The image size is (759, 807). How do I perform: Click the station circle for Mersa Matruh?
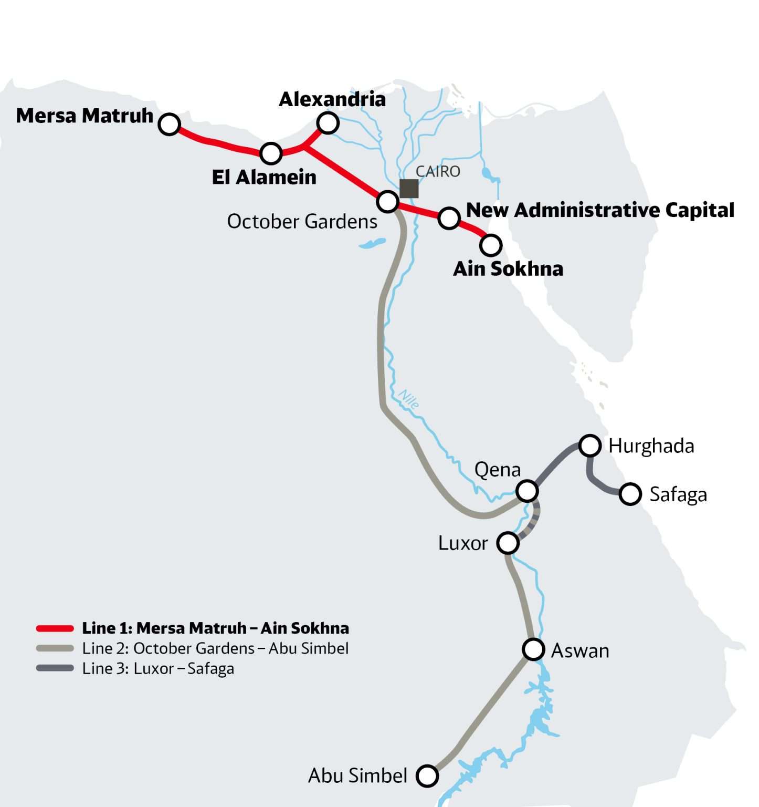[170, 125]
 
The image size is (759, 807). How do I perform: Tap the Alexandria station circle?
[328, 123]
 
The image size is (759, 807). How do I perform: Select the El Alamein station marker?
[271, 153]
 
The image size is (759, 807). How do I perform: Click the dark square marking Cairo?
[409, 189]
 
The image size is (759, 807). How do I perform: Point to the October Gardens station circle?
[387, 201]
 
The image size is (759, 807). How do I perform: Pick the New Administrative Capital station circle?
[449, 218]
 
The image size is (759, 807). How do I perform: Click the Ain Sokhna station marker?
[491, 245]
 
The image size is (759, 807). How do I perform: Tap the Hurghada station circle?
[590, 446]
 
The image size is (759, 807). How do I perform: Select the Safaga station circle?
[630, 494]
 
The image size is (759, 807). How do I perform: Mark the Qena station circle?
[527, 491]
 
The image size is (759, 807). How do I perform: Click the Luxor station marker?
[508, 543]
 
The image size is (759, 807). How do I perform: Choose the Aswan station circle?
[533, 649]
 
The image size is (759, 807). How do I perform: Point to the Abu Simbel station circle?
[427, 775]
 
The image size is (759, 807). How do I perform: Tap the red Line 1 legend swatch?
[55, 628]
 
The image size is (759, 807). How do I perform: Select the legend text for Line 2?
[215, 648]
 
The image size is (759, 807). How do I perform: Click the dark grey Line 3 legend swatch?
[55, 668]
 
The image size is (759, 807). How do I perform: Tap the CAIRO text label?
[438, 171]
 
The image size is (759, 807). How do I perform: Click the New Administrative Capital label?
[600, 210]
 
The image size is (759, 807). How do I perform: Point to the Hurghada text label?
[651, 446]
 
